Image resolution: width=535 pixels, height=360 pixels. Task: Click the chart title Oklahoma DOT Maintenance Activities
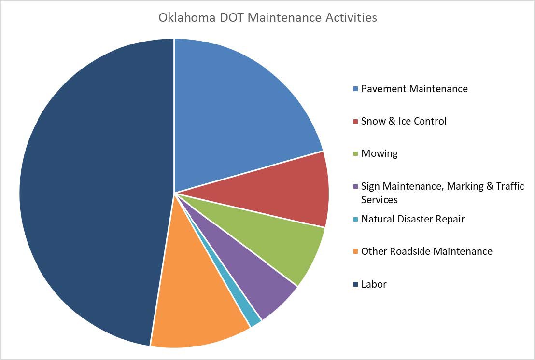(x=267, y=18)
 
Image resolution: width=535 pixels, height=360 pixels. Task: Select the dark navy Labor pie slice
(x=92, y=193)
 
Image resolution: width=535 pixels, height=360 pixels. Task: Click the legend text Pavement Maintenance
(x=414, y=89)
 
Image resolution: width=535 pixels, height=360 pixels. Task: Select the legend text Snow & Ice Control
(x=404, y=121)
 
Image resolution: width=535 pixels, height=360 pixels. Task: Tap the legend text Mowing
(x=380, y=153)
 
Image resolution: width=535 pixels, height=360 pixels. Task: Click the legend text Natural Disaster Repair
(x=413, y=219)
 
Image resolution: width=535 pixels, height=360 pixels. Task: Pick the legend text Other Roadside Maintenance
(x=427, y=251)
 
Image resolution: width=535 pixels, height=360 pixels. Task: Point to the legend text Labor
(x=374, y=284)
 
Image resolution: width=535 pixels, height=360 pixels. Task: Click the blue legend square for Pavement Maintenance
(x=356, y=89)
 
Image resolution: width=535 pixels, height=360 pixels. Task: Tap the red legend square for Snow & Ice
(x=356, y=122)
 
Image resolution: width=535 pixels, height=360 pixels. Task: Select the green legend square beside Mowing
(x=356, y=154)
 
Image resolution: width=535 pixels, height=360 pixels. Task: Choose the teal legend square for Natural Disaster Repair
(x=356, y=220)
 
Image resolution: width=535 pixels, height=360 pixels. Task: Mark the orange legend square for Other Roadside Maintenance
(x=356, y=252)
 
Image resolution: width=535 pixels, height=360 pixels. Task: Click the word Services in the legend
(x=380, y=199)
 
